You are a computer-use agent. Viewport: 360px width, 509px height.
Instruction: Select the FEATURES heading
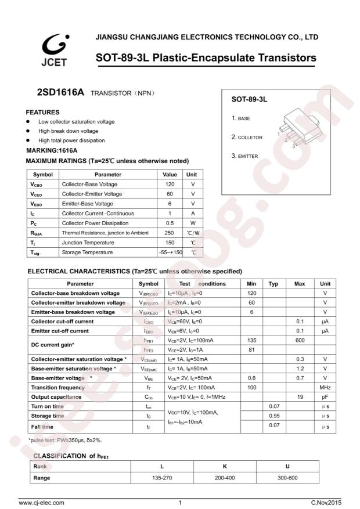[x=44, y=111]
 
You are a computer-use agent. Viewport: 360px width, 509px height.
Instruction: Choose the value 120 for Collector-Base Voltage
[x=170, y=184]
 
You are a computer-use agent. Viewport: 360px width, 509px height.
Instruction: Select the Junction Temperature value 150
[x=170, y=243]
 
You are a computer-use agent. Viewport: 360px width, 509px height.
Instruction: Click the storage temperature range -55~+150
[x=170, y=252]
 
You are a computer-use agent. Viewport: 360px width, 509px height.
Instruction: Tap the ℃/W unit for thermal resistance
[x=193, y=233]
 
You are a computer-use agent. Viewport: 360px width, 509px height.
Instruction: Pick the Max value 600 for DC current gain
[x=300, y=340]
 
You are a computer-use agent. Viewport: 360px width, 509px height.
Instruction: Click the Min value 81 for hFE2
[x=251, y=350]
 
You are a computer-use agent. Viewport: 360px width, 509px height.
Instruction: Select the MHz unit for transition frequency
[x=325, y=387]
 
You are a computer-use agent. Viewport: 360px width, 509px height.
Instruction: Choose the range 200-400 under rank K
[x=224, y=478]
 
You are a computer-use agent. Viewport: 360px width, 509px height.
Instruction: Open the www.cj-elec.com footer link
[x=42, y=503]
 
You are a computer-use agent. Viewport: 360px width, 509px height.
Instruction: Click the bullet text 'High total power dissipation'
[x=71, y=140]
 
